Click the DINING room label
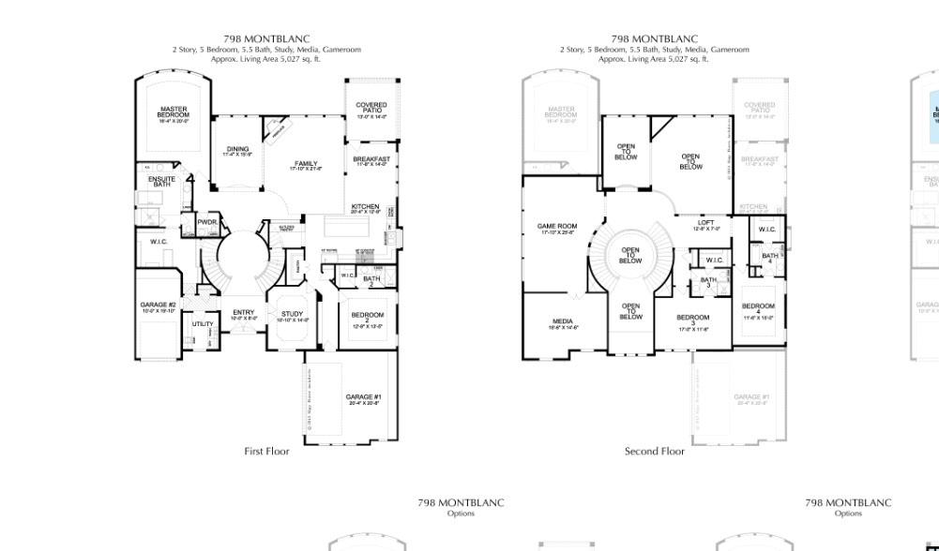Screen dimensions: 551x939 click(x=237, y=151)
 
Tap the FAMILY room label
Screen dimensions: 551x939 click(x=306, y=166)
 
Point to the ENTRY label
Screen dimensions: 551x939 click(x=243, y=315)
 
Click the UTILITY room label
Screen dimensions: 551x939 click(x=203, y=323)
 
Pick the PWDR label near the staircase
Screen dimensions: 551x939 click(x=206, y=222)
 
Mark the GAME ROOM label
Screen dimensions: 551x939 click(x=557, y=228)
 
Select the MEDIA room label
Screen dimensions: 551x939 click(x=563, y=323)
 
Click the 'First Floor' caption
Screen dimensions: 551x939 click(x=266, y=451)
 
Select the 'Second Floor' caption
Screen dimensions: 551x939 click(x=655, y=451)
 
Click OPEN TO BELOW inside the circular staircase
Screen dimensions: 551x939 click(x=630, y=255)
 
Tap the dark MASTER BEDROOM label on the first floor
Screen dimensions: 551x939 click(x=174, y=113)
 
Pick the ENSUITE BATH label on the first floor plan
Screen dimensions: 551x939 click(x=161, y=181)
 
